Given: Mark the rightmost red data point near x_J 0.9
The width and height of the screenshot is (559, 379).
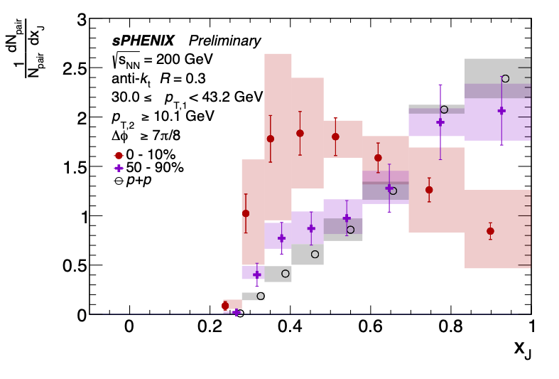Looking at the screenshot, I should click(490, 231).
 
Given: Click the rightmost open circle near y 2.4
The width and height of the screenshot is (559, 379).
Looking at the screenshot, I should click(505, 78).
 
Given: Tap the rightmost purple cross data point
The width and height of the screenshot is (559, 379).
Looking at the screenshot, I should click(501, 110).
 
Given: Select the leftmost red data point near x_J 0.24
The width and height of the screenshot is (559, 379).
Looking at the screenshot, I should click(225, 306).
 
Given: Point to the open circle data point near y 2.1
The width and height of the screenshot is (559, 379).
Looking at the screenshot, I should click(444, 110).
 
